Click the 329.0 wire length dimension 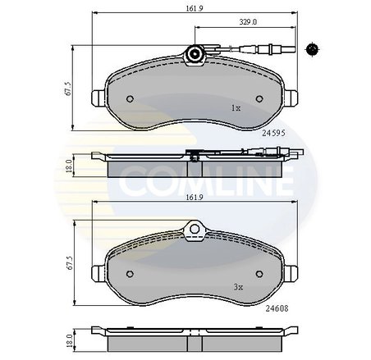pos(248,22)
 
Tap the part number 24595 pos(273,133)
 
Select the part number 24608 pos(277,308)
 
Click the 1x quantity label pos(236,108)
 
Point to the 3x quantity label pos(238,287)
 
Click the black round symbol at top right pos(312,49)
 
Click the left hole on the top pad pos(130,98)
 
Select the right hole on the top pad pos(259,98)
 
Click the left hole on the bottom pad pos(130,274)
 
